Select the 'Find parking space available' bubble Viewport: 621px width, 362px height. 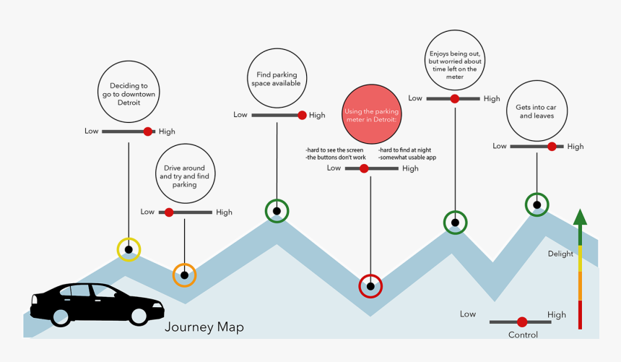pos(276,78)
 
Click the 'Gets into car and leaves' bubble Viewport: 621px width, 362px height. pos(537,111)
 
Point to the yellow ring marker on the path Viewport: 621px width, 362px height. pos(129,249)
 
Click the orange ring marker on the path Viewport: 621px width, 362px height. pos(184,275)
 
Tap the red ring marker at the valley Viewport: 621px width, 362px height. pos(370,286)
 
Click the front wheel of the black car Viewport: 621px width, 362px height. pos(136,315)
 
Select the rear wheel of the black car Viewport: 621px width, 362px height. pos(61,315)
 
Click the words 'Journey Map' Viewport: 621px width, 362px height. pos(204,327)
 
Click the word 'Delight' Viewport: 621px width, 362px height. pos(560,254)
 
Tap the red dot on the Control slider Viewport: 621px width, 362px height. pos(522,322)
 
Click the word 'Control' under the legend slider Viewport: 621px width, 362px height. pos(523,335)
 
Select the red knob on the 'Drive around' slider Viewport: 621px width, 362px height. pos(169,212)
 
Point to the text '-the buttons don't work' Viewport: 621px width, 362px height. pos(336,157)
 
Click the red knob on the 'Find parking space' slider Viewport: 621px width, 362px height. pos(301,115)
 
